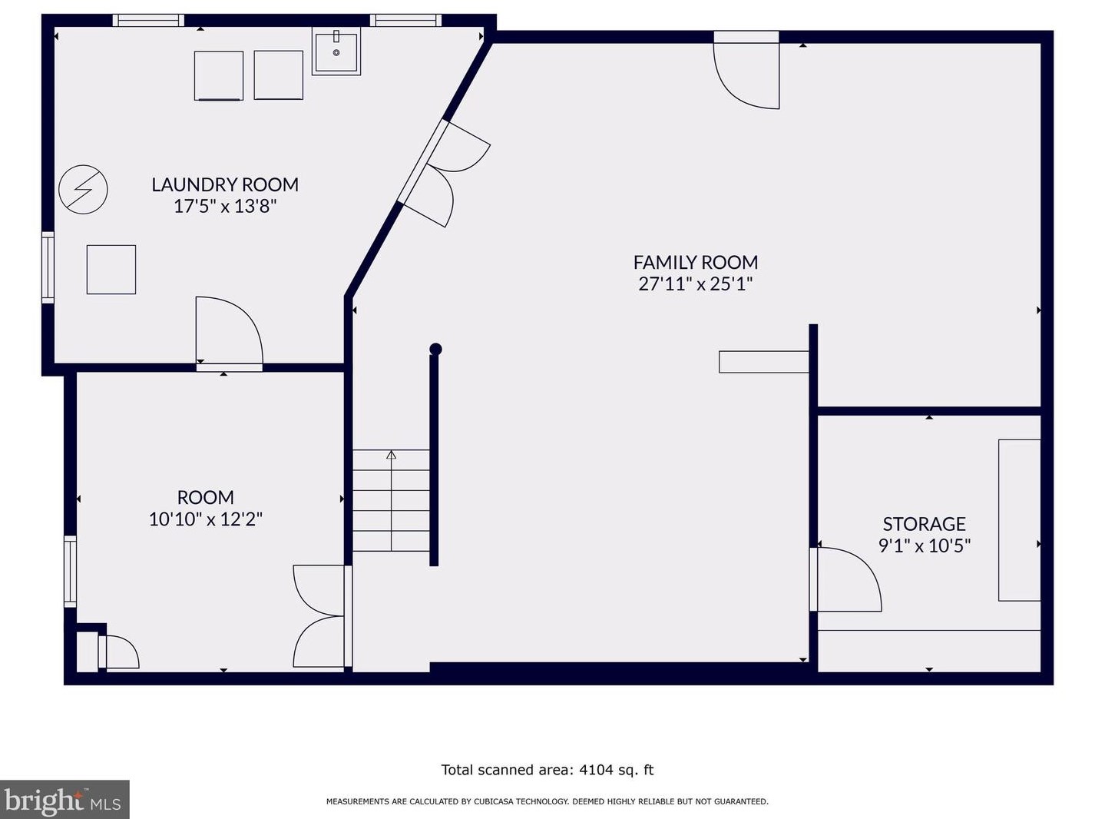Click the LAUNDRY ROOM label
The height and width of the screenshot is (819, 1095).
click(225, 184)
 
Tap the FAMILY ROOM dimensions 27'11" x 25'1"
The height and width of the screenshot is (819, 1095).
click(696, 284)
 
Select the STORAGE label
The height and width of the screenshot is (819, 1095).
click(925, 524)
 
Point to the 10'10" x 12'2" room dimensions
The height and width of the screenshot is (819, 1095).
click(206, 519)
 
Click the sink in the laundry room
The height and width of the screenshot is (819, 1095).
click(336, 51)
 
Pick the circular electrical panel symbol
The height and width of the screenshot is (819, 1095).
click(83, 190)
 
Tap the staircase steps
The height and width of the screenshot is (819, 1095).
click(391, 501)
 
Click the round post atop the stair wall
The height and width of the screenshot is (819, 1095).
click(435, 349)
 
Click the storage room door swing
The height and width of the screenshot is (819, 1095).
click(845, 579)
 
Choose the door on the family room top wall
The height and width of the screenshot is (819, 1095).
click(746, 71)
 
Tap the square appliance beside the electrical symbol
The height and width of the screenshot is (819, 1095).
click(111, 270)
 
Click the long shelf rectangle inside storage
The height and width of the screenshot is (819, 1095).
click(1019, 520)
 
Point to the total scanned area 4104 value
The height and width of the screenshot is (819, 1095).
click(596, 770)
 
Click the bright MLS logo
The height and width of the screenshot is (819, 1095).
click(64, 799)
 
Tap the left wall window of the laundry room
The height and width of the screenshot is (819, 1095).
click(48, 267)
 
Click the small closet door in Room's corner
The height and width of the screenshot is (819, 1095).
click(119, 652)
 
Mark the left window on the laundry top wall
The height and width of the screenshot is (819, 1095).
click(148, 21)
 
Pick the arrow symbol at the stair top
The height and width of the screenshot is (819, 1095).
click(391, 455)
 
